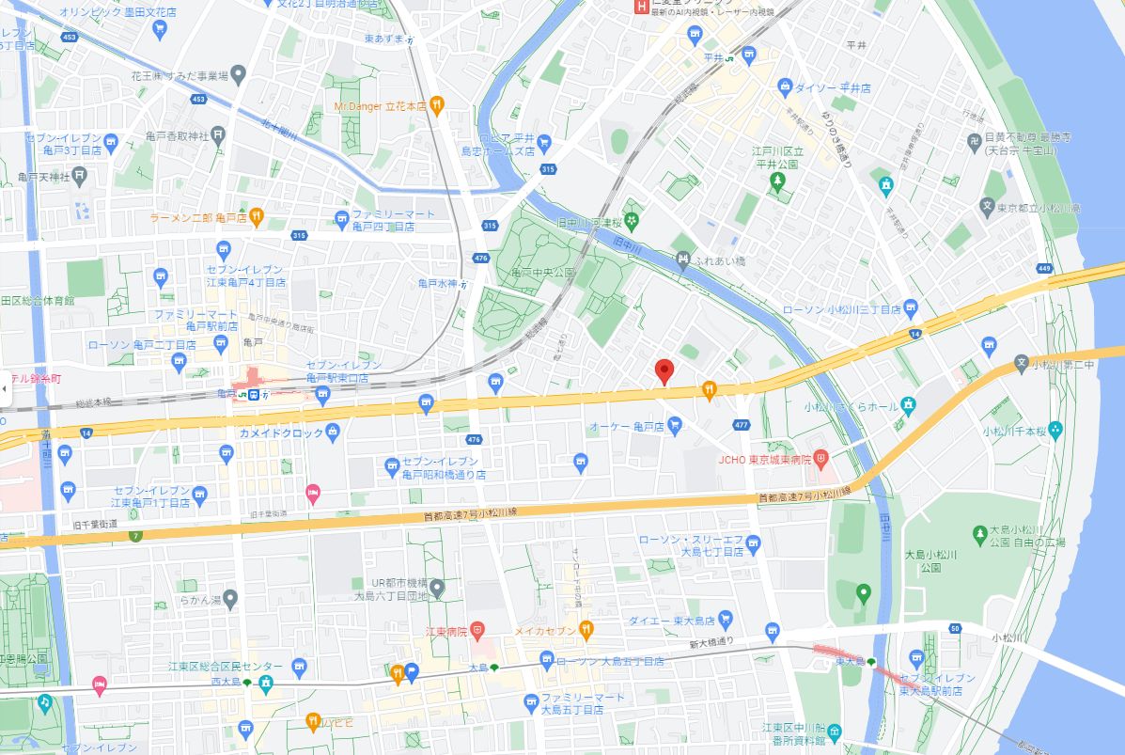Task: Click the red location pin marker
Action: click(664, 371)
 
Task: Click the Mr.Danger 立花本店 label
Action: click(381, 106)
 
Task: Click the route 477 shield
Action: click(742, 425)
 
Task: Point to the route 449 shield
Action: click(1043, 269)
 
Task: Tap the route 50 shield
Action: click(955, 628)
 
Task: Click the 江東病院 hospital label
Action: click(446, 630)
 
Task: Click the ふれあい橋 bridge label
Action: click(720, 260)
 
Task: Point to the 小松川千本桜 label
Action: click(1013, 431)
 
